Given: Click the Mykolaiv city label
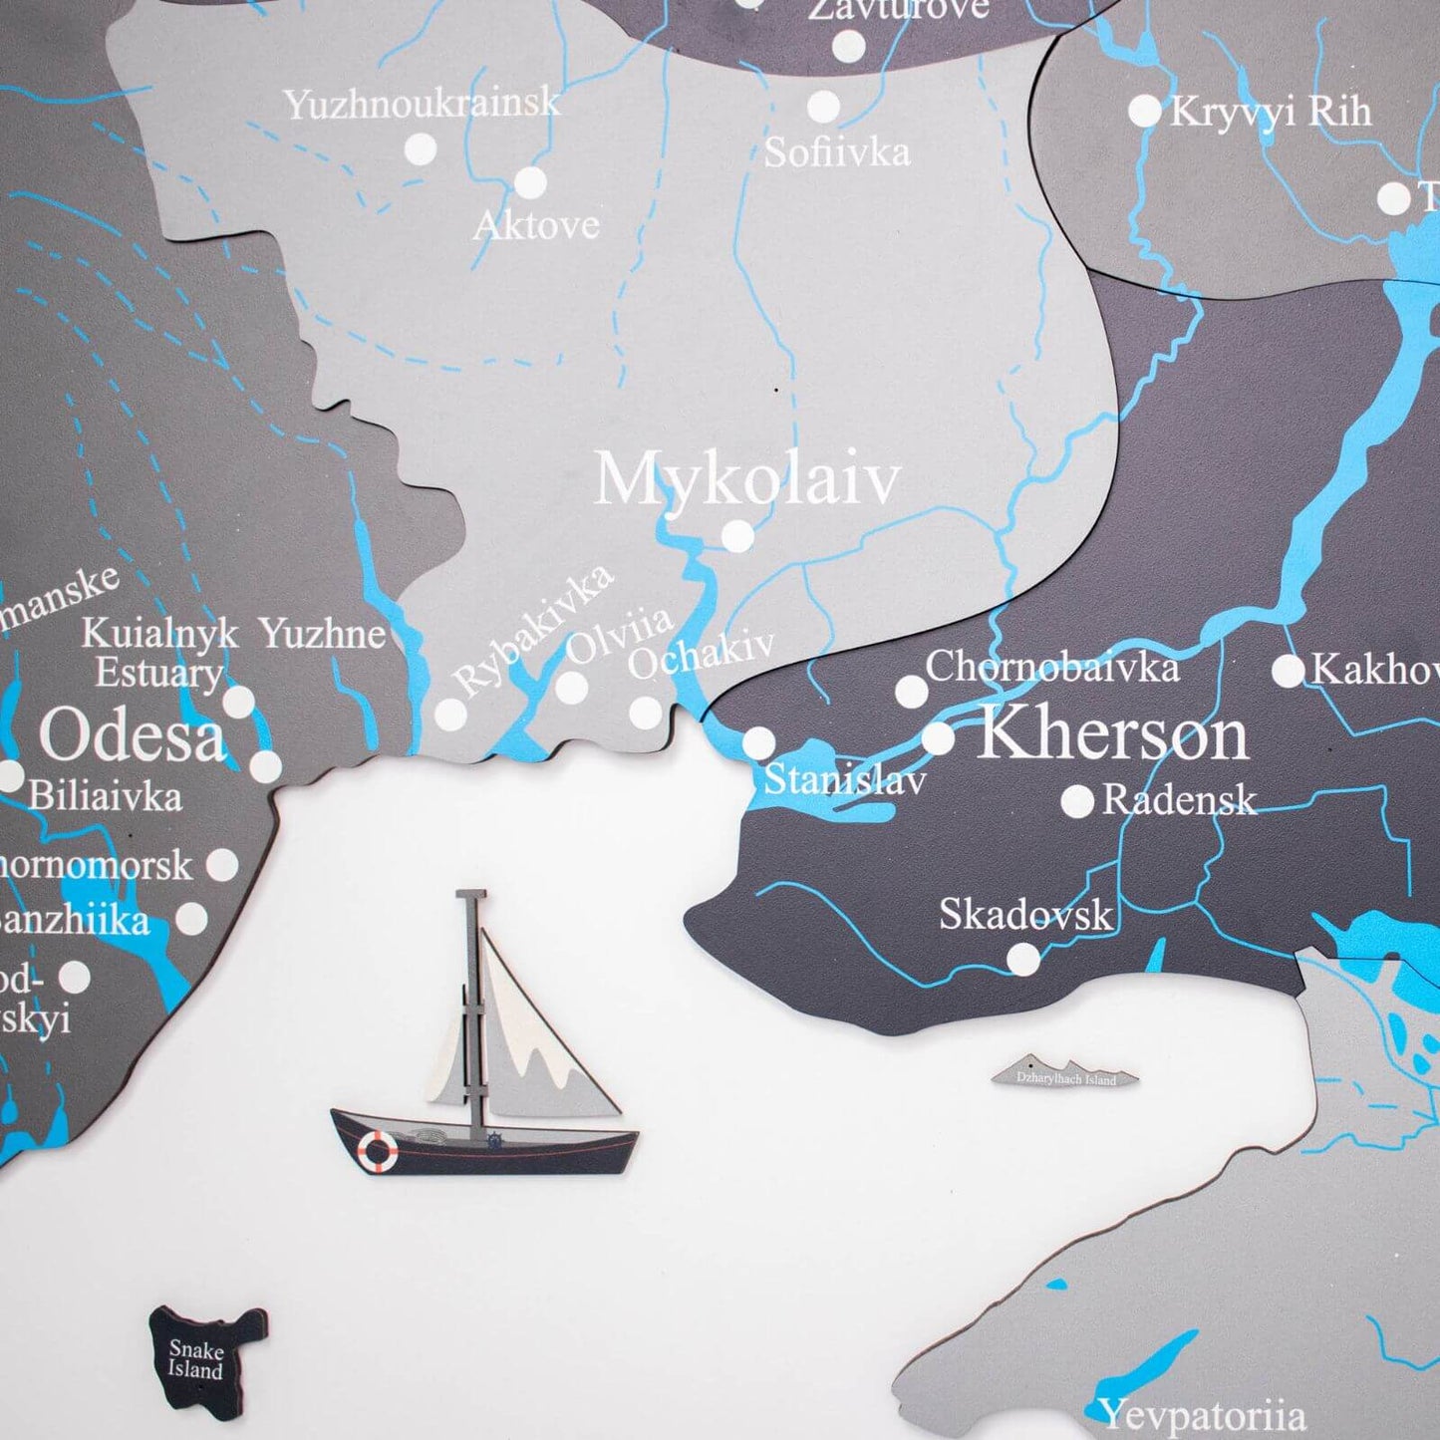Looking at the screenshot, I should point(746,480).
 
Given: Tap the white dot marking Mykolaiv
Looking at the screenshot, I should point(737,536).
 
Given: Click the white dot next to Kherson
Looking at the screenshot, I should point(938,738).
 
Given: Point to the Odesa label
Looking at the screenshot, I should point(133,736).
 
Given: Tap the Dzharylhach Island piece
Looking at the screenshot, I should point(1066,1073).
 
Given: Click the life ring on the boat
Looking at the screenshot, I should point(378,1150).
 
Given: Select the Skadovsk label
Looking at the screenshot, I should point(1024,915).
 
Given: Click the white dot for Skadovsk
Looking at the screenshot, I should point(1022,959).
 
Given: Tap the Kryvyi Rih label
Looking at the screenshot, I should point(1271,112).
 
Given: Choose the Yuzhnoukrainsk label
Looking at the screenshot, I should point(422,104).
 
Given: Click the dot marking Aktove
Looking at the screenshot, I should point(530,182).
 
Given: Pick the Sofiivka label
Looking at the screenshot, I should point(837,151).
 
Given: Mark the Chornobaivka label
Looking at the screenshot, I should point(1052,667).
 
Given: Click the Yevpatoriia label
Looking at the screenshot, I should point(1202,1415).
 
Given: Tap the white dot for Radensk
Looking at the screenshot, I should point(1076,801).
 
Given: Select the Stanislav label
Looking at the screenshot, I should point(845,779).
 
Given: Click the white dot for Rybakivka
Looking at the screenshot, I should point(450,713).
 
